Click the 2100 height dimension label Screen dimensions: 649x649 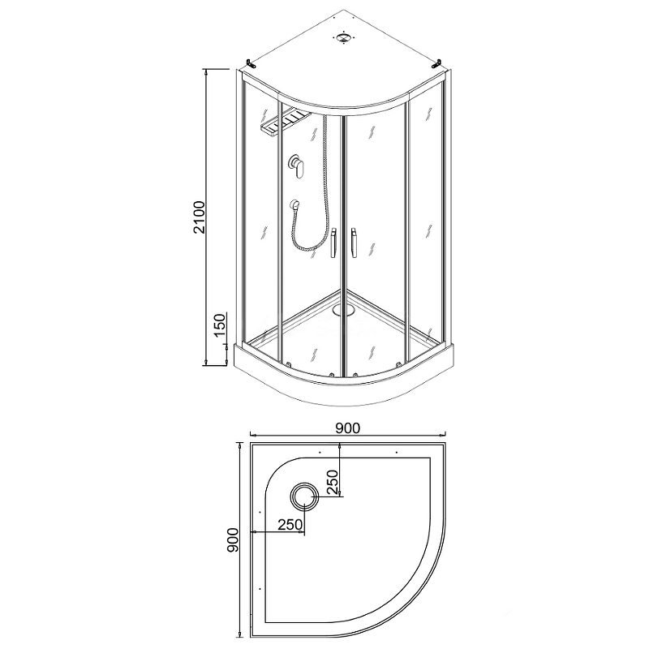(x=200, y=217)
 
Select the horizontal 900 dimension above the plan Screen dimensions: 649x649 (x=347, y=428)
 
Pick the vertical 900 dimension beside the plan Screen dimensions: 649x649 (x=233, y=539)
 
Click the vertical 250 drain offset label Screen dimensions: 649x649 (x=333, y=482)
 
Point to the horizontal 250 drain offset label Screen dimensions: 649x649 (x=290, y=525)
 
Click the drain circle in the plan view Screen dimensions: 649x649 (x=304, y=496)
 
